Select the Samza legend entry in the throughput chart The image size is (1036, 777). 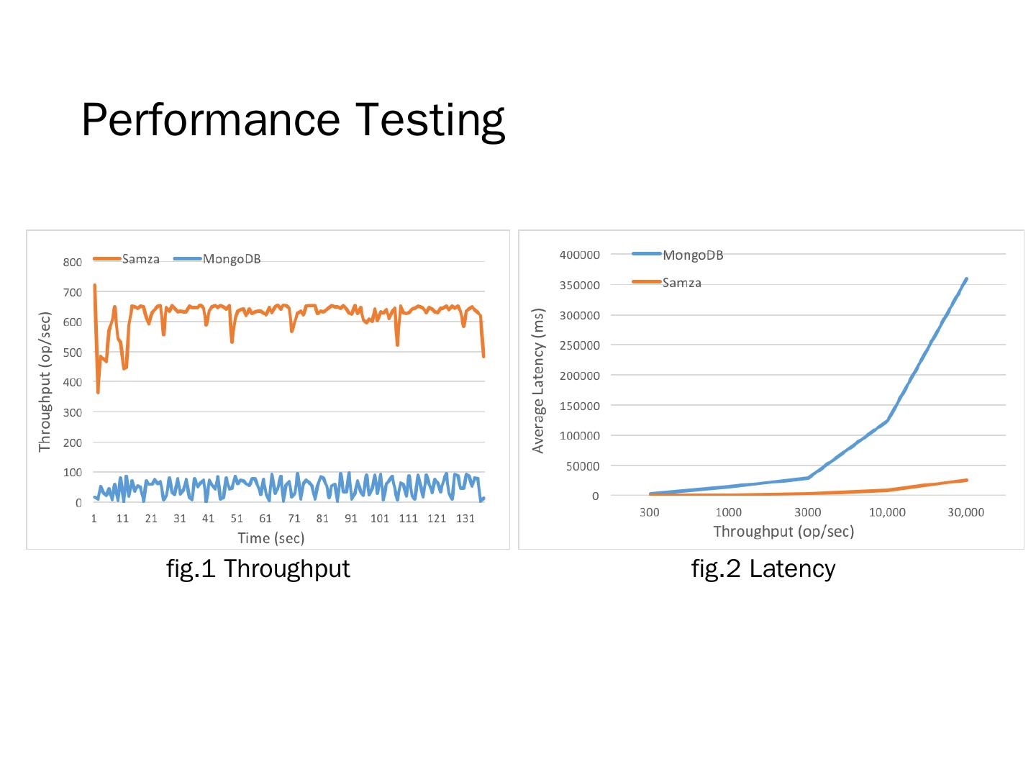[140, 259]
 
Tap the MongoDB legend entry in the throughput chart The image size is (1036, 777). [231, 259]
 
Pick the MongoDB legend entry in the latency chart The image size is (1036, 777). [692, 255]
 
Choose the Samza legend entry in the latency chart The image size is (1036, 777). [681, 283]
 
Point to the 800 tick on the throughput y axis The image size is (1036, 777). [72, 262]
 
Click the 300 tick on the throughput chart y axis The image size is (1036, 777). [72, 412]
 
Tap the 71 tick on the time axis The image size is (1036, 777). [294, 519]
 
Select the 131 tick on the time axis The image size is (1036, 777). [465, 519]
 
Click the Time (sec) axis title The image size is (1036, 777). [271, 538]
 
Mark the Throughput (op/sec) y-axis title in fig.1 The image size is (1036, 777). [45, 382]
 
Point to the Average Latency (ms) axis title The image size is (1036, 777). [538, 381]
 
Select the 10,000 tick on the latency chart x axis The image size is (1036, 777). [887, 512]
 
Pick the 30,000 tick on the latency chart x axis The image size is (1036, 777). [965, 512]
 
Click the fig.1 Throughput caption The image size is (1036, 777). [258, 568]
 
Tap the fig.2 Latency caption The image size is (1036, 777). [763, 568]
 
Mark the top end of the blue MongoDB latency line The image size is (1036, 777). [965, 279]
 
